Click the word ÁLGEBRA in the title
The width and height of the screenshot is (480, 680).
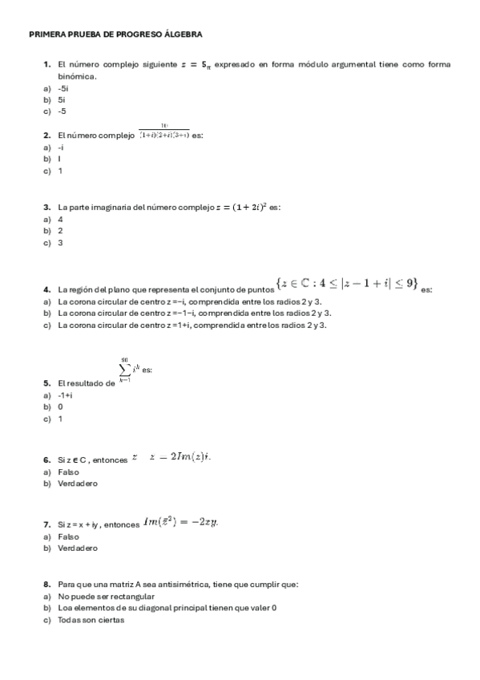182,34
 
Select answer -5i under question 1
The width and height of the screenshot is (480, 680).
63,88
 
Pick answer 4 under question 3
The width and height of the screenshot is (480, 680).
60,219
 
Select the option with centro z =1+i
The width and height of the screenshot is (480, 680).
192,325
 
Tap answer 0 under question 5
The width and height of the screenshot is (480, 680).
60,407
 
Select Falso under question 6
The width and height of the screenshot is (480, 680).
68,472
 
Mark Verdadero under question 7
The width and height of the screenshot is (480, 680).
77,548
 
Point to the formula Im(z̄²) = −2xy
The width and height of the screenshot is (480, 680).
180,523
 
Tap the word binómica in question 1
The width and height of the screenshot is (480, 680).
77,76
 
